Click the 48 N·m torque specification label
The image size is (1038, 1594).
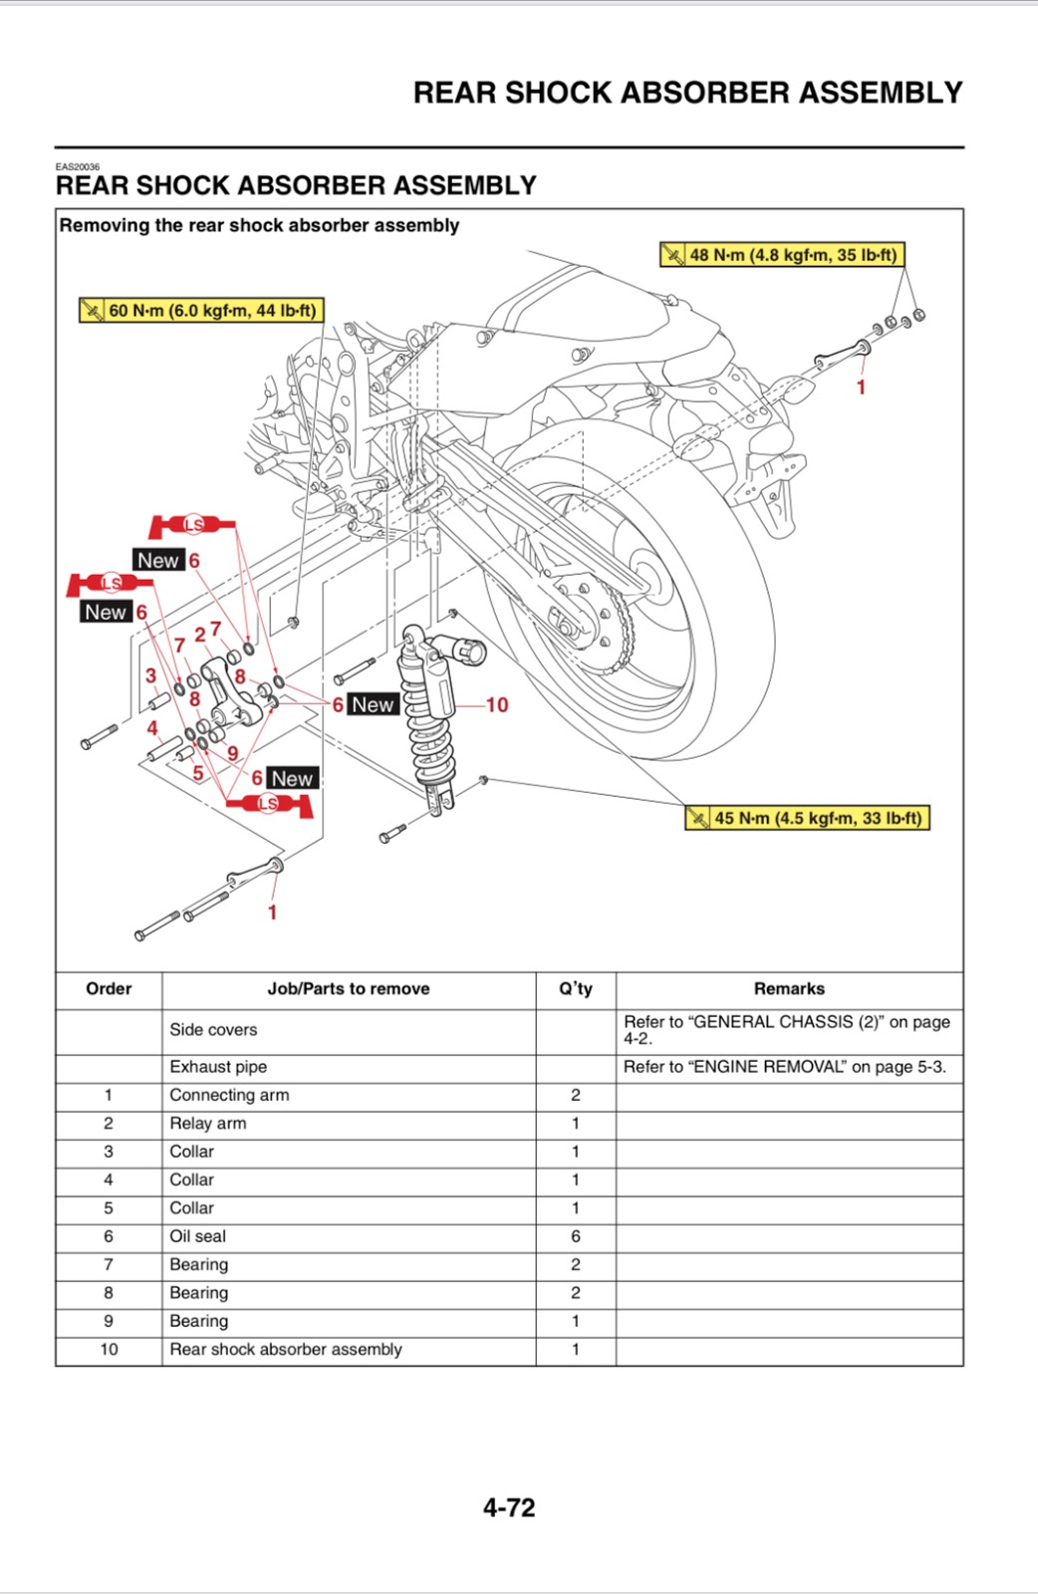click(783, 255)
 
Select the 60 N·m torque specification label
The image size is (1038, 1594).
click(202, 311)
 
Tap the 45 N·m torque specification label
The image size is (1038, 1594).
click(808, 818)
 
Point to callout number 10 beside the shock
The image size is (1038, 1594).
click(496, 705)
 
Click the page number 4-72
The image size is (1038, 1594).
click(509, 1507)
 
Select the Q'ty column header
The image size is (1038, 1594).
click(575, 989)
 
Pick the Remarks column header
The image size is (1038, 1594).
click(789, 989)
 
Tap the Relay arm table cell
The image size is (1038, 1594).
click(208, 1123)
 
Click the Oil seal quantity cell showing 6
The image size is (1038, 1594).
click(575, 1236)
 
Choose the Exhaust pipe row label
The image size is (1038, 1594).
click(218, 1067)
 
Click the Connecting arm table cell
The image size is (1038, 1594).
click(229, 1095)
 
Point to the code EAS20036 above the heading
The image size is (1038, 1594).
click(78, 166)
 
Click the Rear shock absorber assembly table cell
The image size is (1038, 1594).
click(286, 1349)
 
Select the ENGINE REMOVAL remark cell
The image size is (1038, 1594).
click(785, 1067)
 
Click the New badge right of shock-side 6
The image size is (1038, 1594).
click(374, 704)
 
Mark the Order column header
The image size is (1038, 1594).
click(109, 989)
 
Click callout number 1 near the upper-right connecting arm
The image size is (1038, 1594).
click(862, 388)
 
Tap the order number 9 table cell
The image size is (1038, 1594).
click(109, 1321)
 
